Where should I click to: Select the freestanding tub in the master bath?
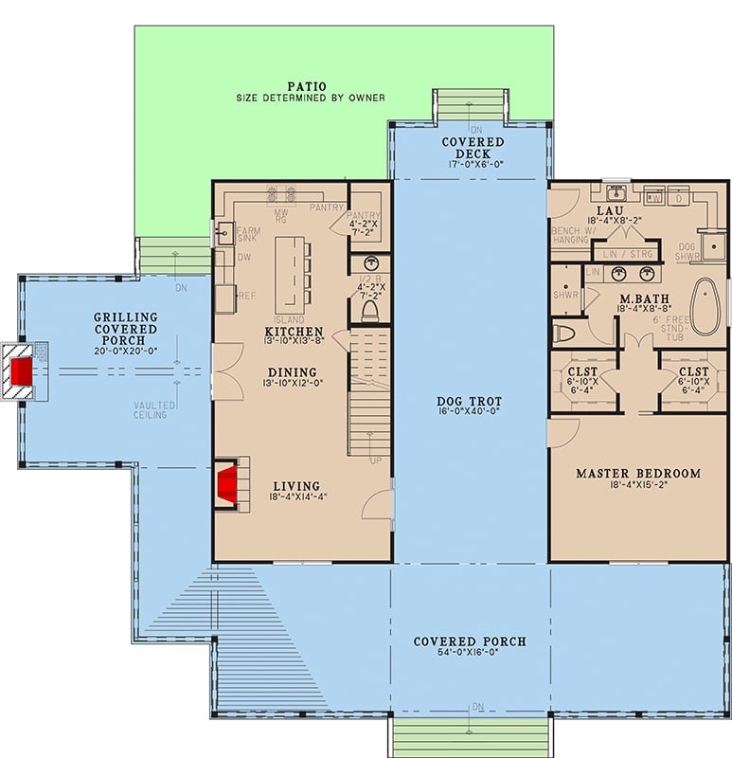coord(705,307)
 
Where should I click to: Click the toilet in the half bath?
coord(370,311)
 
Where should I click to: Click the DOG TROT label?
coord(470,402)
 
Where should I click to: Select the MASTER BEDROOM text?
coord(638,473)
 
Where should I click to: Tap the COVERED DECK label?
coord(473,148)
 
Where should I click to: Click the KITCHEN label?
coord(294,332)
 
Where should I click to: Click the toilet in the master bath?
coord(563,333)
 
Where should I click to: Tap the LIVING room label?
coord(296,486)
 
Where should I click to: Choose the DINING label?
coord(293,372)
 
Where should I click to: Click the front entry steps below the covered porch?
coord(470,737)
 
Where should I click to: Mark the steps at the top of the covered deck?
coord(471,104)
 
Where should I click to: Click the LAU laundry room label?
coord(607,209)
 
